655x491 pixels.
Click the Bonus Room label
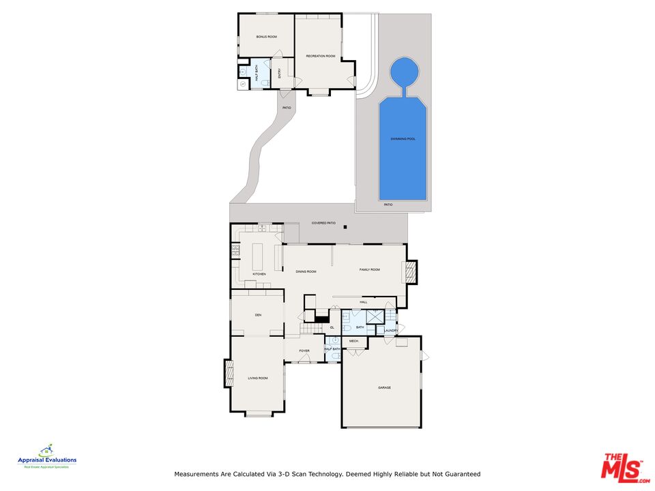click(266, 36)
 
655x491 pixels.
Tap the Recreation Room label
click(320, 56)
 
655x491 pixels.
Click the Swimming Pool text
click(403, 139)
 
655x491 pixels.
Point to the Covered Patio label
click(323, 223)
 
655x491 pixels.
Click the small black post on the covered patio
click(346, 227)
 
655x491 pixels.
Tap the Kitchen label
click(259, 274)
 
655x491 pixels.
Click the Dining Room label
click(306, 271)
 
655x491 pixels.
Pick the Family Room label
click(370, 270)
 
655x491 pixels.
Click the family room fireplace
click(410, 272)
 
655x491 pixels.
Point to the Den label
click(258, 315)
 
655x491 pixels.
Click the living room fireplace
click(228, 374)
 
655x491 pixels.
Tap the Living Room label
click(257, 378)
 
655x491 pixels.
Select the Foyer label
click(304, 351)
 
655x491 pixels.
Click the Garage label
click(384, 387)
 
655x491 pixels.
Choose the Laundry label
click(390, 331)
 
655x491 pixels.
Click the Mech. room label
click(353, 341)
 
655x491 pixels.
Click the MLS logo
click(621, 468)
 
